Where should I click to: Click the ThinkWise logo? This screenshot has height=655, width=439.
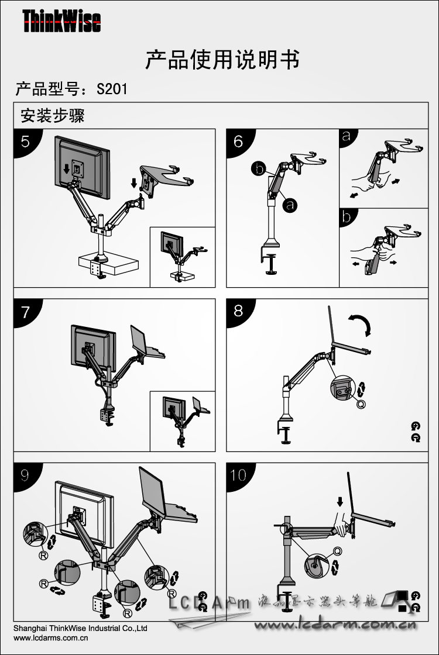tap(61, 22)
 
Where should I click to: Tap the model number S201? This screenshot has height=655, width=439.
tap(112, 89)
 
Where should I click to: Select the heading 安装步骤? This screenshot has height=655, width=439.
tap(53, 115)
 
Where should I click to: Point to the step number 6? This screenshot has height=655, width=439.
tap(238, 141)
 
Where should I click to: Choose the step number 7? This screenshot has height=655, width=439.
tap(25, 312)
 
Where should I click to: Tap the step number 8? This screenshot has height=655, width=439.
tap(238, 311)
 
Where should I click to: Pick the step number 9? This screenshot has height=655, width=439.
tap(25, 475)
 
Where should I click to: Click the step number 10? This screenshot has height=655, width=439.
tap(239, 475)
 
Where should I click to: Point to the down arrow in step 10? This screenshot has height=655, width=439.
tap(340, 502)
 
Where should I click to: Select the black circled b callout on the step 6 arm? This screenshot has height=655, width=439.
tap(258, 169)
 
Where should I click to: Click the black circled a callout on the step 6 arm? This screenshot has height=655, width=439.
tap(289, 204)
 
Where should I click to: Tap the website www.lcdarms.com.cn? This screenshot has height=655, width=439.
tap(47, 638)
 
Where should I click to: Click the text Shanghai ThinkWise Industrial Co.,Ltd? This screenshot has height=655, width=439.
tap(80, 629)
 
